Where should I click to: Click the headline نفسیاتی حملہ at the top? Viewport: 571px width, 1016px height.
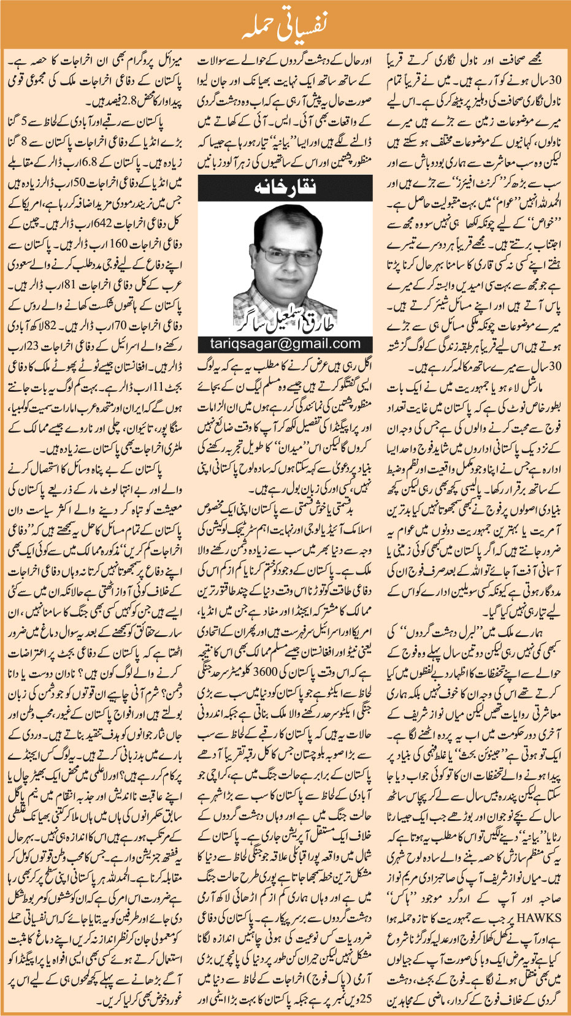pyautogui.click(x=285, y=24)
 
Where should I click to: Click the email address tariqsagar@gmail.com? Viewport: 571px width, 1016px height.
pyautogui.click(x=285, y=343)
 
